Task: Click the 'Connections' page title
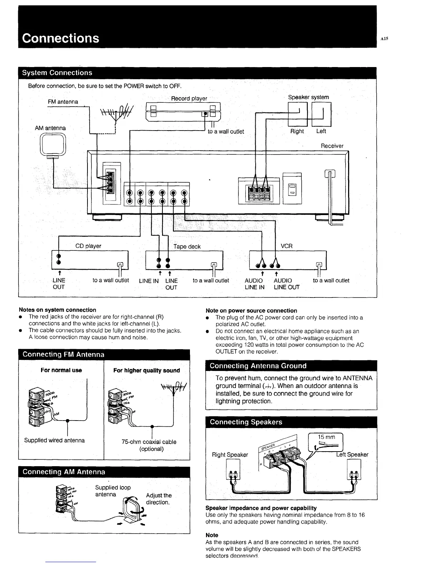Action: point(60,38)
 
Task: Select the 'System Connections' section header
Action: point(57,73)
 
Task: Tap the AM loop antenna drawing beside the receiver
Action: point(53,145)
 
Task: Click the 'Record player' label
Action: point(189,98)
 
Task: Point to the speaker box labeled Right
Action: point(297,114)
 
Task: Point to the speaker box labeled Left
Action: point(322,114)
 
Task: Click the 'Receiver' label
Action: point(332,146)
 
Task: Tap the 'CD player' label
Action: point(88,246)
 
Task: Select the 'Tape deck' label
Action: point(187,246)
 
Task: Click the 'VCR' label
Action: point(286,246)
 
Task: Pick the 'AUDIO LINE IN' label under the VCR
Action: point(254,284)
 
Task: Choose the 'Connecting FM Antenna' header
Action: point(64,355)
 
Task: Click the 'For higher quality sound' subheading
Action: point(146,371)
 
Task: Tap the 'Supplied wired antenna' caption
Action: point(54,441)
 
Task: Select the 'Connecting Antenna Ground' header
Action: point(258,366)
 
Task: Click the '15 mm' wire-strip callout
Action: point(326,437)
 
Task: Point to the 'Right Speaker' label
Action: point(230,455)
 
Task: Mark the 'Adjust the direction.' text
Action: point(159,499)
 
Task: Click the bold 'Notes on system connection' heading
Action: point(57,310)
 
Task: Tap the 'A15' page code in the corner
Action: point(384,39)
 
